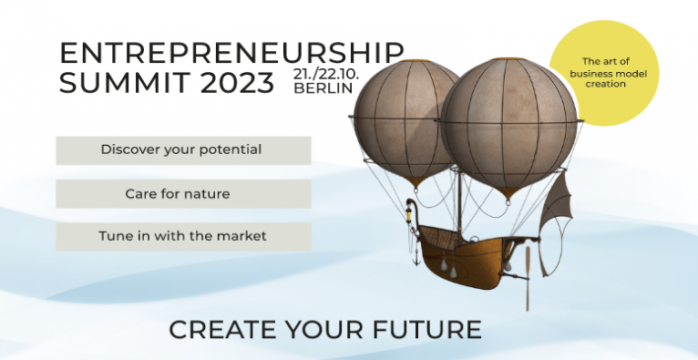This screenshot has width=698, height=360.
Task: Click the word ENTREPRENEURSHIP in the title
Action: point(231,54)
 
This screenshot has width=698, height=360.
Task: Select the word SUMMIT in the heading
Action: point(126,82)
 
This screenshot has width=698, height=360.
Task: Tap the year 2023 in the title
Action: point(237,82)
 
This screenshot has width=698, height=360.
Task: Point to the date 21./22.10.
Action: point(325,74)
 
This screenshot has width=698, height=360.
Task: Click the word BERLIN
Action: point(323,88)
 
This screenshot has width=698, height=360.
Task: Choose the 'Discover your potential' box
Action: point(183,150)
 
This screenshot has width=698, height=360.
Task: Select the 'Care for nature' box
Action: point(183,193)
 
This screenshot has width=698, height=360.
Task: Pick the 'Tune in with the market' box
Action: point(183,237)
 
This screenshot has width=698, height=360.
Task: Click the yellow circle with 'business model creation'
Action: point(604,73)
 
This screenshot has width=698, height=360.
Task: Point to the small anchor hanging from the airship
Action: point(416,257)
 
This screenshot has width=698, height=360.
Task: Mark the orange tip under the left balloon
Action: point(415,181)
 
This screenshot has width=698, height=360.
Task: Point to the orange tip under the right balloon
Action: point(508,192)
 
